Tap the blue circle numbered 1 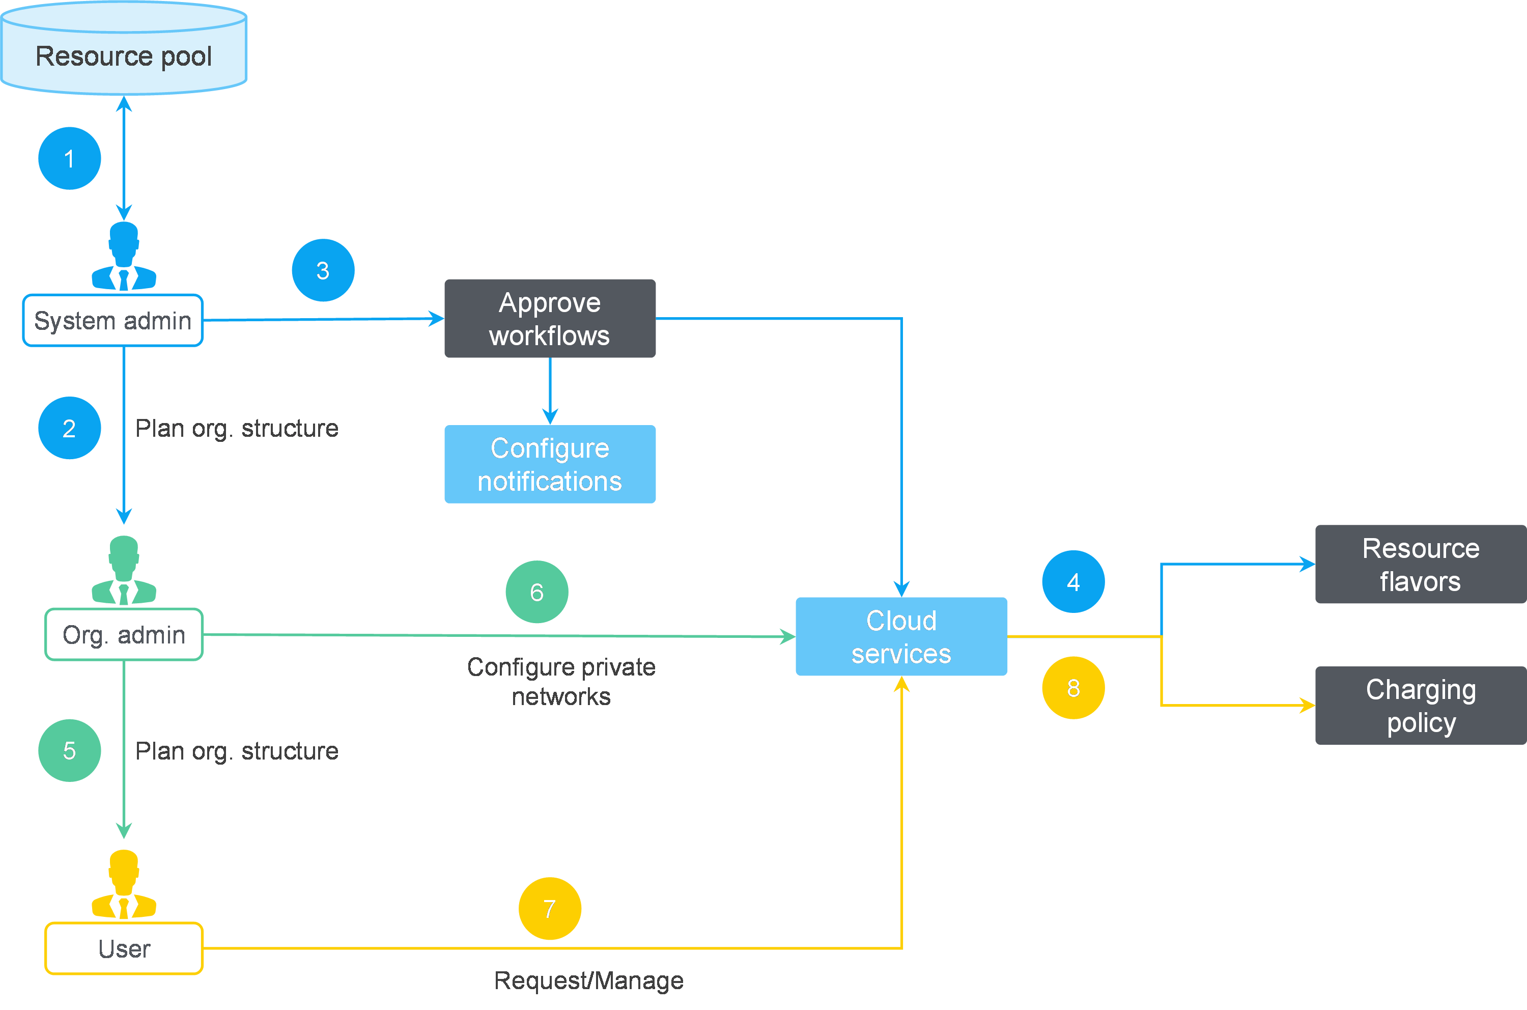click(x=70, y=158)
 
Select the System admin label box click(x=112, y=320)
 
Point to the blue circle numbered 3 click(x=323, y=270)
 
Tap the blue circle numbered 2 click(x=70, y=428)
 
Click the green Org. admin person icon click(x=124, y=570)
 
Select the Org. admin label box click(x=124, y=634)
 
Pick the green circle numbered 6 click(x=536, y=592)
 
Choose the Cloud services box click(x=901, y=636)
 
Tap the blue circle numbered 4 click(x=1073, y=582)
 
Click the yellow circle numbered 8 click(x=1073, y=688)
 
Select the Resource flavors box click(x=1420, y=564)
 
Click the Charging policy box click(x=1420, y=706)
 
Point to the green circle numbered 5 click(x=70, y=750)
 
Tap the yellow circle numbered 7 click(x=549, y=908)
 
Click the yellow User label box click(x=124, y=948)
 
